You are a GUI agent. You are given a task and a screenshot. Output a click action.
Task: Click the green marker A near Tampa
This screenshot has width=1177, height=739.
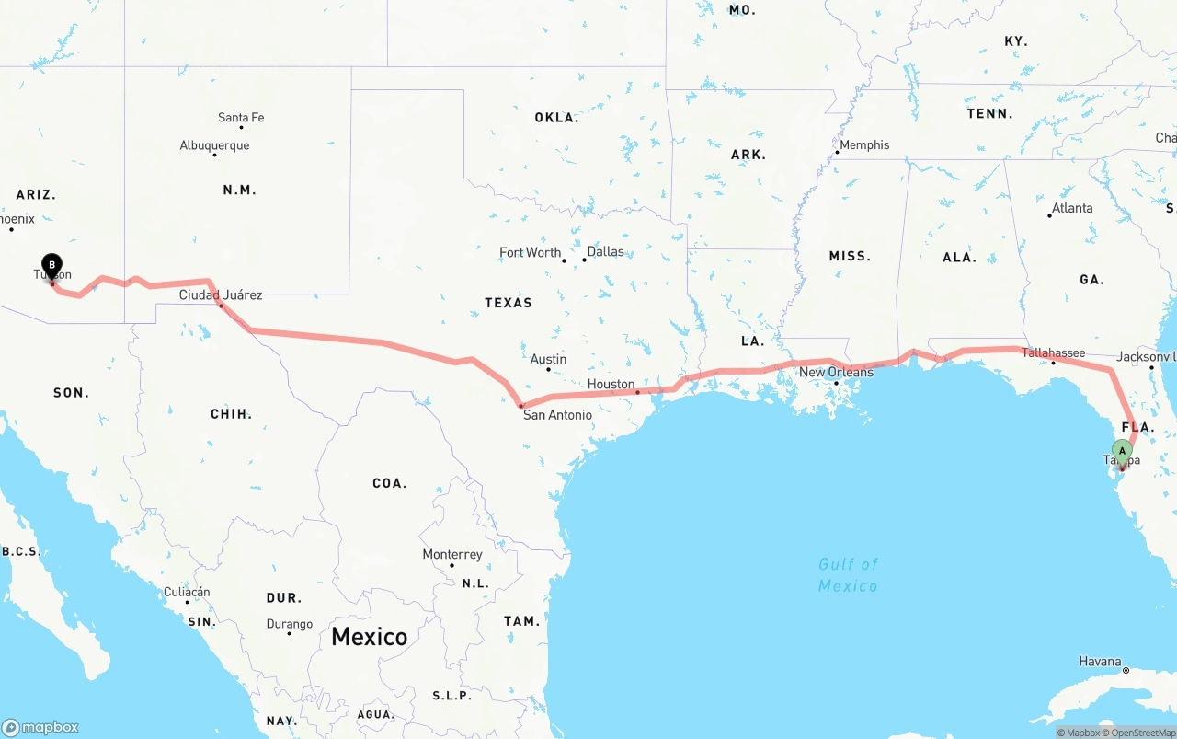(1121, 451)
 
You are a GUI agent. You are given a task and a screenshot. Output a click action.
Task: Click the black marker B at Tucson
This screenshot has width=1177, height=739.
(51, 266)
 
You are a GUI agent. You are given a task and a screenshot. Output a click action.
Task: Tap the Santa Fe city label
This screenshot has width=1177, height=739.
(241, 118)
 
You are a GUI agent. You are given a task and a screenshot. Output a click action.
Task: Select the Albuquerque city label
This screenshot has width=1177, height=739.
(214, 145)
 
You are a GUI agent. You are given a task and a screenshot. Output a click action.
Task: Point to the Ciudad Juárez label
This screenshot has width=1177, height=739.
(221, 295)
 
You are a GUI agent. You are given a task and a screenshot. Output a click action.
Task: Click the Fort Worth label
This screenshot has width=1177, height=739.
(530, 252)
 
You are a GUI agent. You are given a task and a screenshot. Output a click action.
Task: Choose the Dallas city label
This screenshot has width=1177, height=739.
(605, 251)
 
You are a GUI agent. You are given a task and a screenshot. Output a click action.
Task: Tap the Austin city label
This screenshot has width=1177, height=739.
(548, 359)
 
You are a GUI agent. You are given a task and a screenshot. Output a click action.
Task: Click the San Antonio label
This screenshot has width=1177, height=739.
(557, 415)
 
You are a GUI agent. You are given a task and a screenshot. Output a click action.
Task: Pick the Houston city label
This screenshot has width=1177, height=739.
(611, 384)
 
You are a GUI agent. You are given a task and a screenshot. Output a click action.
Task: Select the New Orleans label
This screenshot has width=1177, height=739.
(836, 372)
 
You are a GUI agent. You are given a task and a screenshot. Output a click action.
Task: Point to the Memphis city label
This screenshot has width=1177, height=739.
(864, 144)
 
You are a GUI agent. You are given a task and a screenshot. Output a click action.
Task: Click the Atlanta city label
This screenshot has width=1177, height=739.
(1072, 208)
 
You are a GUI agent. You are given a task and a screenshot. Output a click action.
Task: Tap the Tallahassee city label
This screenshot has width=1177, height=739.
(1054, 352)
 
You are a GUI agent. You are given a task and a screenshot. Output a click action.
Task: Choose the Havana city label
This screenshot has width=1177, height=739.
(1101, 661)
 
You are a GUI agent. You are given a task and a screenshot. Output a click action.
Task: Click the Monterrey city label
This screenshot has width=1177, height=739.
(452, 554)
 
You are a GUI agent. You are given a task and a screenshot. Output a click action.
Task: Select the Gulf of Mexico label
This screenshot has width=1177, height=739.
(848, 574)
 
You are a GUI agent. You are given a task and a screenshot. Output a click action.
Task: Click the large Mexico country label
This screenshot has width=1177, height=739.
(369, 636)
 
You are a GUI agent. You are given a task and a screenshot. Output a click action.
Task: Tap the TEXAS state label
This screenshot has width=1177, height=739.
(509, 302)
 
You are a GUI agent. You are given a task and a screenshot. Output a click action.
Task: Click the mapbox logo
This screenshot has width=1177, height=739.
(40, 727)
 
